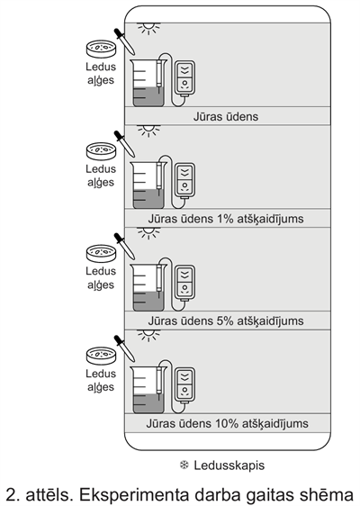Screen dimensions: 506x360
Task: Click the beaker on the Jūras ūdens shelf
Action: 148,86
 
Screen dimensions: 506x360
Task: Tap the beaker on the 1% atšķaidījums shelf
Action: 148,188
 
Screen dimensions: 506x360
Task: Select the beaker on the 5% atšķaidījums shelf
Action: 148,290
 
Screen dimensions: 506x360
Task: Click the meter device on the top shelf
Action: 184,78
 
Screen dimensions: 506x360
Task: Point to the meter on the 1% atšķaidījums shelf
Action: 184,181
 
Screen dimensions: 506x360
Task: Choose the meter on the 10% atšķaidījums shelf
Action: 184,385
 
